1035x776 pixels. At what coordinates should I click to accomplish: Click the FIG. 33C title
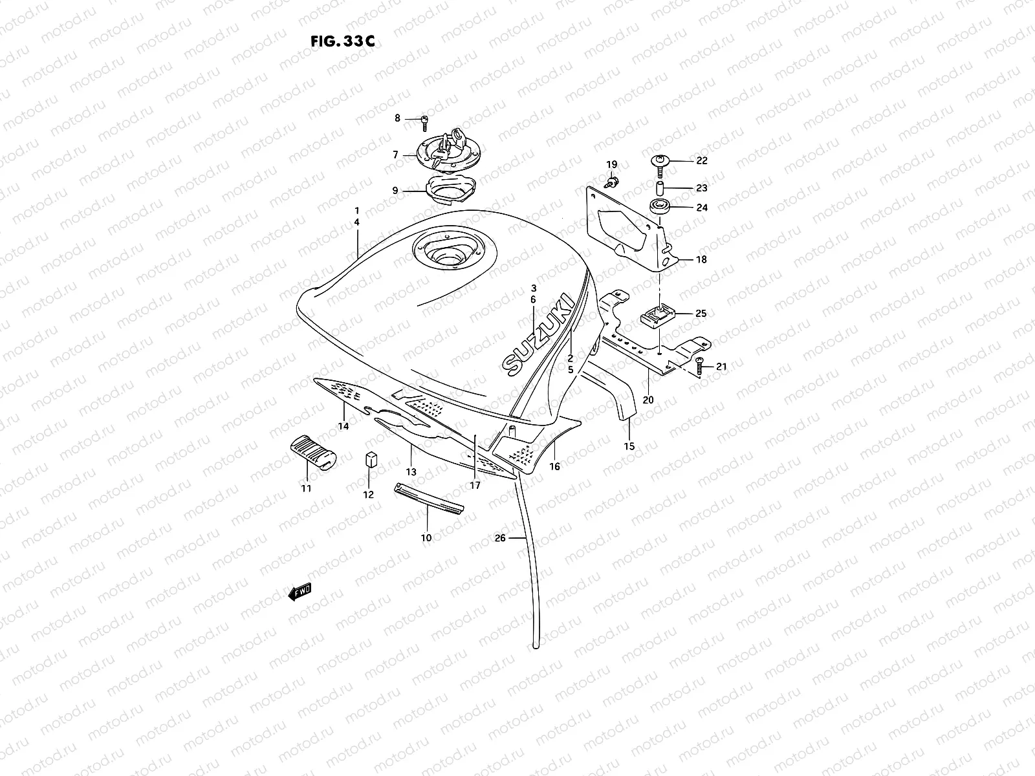pos(342,41)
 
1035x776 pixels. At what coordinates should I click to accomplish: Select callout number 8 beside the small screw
pos(416,118)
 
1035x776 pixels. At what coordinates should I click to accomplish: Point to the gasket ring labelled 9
pos(450,189)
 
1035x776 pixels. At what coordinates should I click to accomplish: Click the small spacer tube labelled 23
pos(658,188)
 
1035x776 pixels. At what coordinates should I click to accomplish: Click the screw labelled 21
pos(701,367)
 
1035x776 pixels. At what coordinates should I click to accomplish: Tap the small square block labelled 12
pos(370,460)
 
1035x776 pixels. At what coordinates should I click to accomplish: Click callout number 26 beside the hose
pos(499,537)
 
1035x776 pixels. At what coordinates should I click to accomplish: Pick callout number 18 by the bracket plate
pos(701,260)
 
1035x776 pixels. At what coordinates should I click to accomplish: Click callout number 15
pos(629,446)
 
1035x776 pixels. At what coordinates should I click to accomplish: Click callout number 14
pos(343,426)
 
